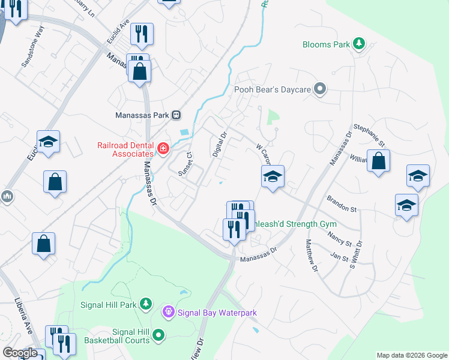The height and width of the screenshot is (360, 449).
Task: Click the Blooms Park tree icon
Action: (x=359, y=43)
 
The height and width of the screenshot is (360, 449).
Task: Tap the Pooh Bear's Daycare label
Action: (x=272, y=89)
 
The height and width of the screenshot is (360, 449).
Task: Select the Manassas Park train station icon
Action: (x=176, y=115)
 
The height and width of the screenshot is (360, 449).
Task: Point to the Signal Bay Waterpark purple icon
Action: (x=168, y=312)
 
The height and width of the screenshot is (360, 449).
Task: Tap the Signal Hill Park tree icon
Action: (x=145, y=304)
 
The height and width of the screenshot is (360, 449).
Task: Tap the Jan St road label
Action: (x=339, y=257)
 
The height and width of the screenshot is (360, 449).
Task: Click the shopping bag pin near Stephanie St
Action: (x=378, y=161)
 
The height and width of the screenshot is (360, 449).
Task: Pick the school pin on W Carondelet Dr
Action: (x=272, y=177)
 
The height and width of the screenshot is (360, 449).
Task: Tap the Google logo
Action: (x=20, y=353)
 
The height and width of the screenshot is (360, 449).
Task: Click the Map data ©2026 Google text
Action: (x=411, y=355)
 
